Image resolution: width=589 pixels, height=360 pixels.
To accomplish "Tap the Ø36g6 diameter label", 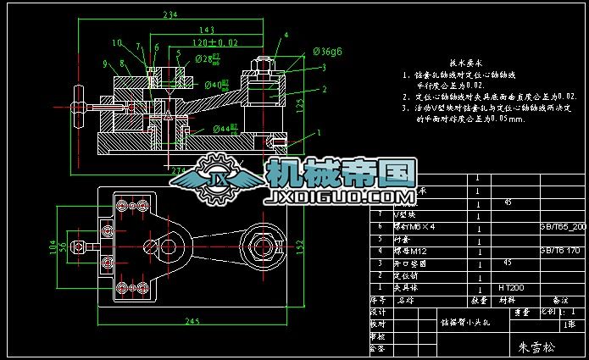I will pyautogui.click(x=327, y=52).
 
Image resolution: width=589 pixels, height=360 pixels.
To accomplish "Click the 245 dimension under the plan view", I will pyautogui.click(x=195, y=321).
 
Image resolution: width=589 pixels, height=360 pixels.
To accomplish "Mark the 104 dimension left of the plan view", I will pyautogui.click(x=53, y=246).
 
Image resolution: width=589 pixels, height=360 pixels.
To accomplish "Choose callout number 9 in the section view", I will pyautogui.click(x=105, y=64).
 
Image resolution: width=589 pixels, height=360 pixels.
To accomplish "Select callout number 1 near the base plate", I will pyautogui.click(x=320, y=133).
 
